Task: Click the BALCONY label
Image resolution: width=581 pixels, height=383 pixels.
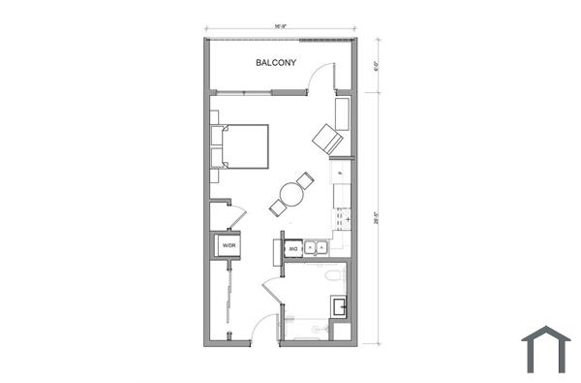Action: tap(276, 64)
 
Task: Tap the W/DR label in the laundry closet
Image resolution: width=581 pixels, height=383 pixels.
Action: tap(229, 246)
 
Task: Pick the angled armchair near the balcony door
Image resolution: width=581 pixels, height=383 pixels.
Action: tap(327, 139)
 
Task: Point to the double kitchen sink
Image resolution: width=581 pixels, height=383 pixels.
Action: tap(316, 248)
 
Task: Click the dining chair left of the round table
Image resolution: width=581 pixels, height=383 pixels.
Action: tap(278, 207)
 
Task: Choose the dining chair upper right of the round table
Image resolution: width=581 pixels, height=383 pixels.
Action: tap(306, 180)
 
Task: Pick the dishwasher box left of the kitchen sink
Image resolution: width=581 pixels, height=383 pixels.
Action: tap(293, 249)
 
